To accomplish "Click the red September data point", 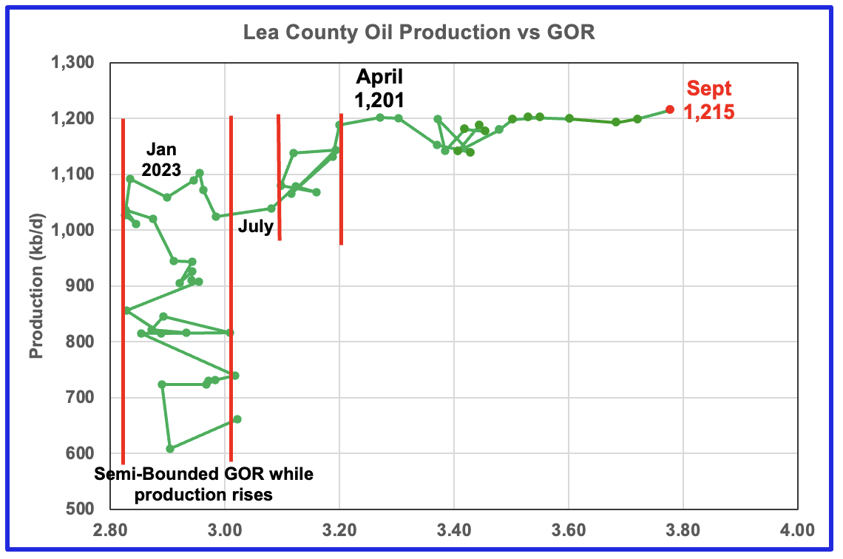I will pos(670,109).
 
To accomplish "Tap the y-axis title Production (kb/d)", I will pos(36,285).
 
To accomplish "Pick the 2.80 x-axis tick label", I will pos(109,530).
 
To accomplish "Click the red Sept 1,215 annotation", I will pos(709,101).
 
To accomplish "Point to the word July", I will pos(255,227).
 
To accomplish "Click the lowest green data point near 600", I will pos(170,449).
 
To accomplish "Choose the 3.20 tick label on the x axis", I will pos(339,530).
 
